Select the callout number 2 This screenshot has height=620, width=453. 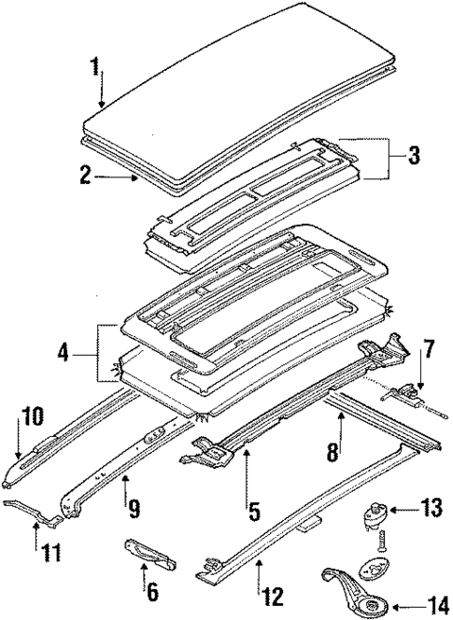tap(85, 175)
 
